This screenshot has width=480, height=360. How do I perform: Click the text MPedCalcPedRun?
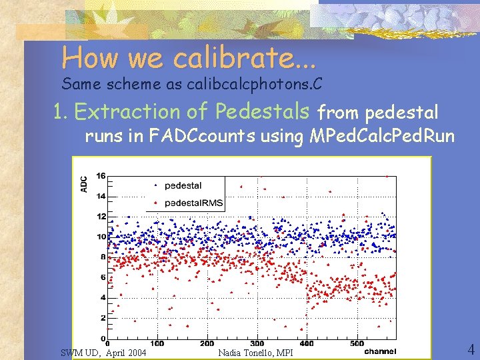coord(382,137)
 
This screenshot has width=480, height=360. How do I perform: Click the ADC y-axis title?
coord(83,184)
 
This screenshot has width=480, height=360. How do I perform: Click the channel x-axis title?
coord(379,351)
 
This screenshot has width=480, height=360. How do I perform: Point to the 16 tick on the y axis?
coord(101,176)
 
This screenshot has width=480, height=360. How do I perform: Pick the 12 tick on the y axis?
coord(101,217)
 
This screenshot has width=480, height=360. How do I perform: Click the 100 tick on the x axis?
coord(157,344)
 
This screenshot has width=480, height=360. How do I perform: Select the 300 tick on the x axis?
coord(257,344)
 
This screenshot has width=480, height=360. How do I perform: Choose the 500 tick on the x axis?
coord(356,344)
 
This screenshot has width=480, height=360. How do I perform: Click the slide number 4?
coord(470,349)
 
